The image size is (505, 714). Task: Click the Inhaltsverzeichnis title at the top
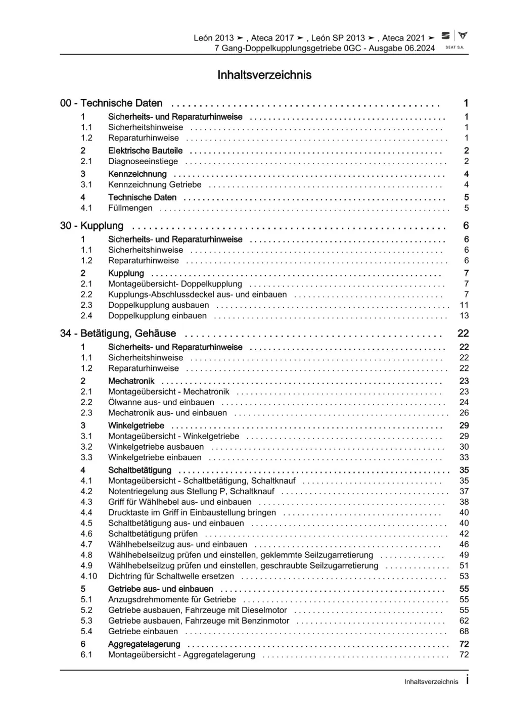(264, 75)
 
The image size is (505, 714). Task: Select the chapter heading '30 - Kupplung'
(91, 226)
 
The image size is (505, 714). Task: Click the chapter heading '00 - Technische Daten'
(111, 103)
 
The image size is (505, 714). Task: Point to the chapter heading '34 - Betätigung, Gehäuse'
(118, 334)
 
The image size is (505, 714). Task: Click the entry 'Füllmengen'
(130, 208)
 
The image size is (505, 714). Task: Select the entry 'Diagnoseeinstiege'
(143, 162)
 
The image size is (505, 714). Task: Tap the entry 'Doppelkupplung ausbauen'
(158, 305)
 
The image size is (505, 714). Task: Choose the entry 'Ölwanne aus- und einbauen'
(161, 402)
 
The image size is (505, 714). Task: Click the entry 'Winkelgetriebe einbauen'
(155, 458)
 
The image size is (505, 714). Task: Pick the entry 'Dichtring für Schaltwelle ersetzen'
(171, 577)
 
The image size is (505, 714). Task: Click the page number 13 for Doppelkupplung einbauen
(464, 316)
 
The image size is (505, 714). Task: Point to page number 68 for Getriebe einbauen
(464, 632)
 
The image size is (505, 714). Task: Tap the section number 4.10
(88, 577)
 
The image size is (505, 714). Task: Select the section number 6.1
(86, 655)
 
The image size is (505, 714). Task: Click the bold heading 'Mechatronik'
(131, 381)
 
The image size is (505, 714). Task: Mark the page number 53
(464, 577)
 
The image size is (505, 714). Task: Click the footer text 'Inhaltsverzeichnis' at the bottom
(431, 682)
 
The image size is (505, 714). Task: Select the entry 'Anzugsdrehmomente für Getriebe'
(172, 600)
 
